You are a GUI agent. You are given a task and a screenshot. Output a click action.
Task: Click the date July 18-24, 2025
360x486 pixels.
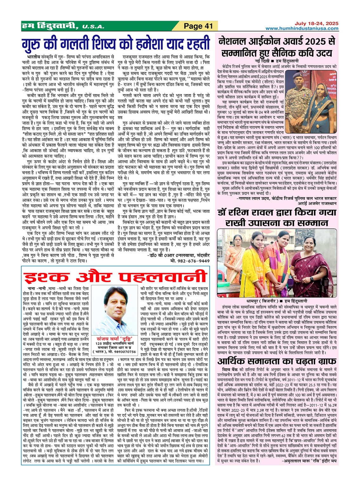tap(316, 23)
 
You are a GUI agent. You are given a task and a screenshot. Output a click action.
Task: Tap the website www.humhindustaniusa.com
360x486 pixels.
tap(302, 29)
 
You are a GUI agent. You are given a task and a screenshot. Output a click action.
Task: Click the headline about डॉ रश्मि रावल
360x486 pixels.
tap(277, 217)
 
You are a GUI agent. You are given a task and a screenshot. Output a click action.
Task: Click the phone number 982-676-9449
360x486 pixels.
tap(190, 261)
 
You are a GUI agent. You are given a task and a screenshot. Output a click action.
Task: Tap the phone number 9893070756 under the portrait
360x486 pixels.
tap(124, 352)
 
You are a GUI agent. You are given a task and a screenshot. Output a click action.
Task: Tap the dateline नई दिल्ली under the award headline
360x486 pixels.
tap(262, 61)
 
